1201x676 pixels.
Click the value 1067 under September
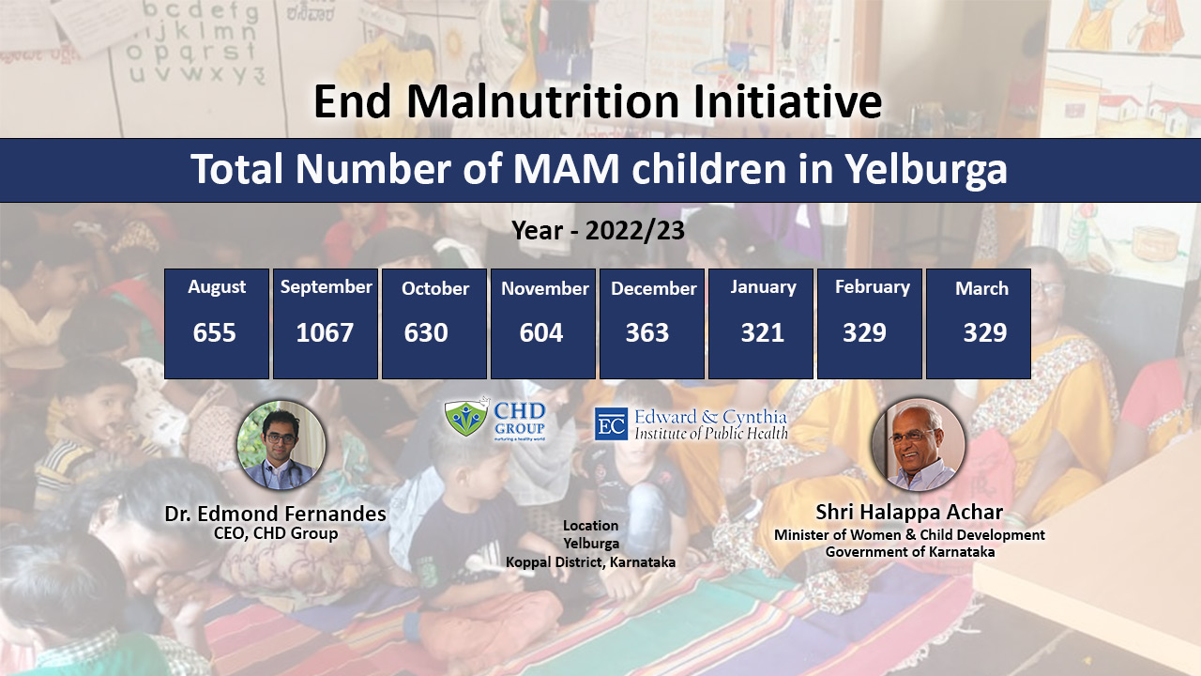(325, 332)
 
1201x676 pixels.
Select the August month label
(217, 287)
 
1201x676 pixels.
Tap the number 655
(215, 332)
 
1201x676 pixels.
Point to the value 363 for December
(647, 332)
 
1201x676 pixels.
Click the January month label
(763, 287)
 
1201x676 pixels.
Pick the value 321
(763, 332)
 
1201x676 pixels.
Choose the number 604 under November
(541, 332)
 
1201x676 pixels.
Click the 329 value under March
(985, 332)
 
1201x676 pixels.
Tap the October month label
(435, 288)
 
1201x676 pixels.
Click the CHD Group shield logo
(467, 417)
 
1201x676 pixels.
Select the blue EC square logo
(611, 423)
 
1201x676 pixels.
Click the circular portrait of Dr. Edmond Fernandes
(281, 445)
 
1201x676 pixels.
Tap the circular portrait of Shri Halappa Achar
(918, 445)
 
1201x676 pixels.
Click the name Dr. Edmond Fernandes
(275, 514)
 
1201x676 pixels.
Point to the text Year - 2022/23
(598, 231)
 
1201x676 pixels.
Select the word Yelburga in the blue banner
(926, 170)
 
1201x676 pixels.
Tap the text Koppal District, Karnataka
(590, 562)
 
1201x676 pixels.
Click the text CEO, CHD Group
(276, 533)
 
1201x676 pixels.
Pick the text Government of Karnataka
(910, 551)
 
